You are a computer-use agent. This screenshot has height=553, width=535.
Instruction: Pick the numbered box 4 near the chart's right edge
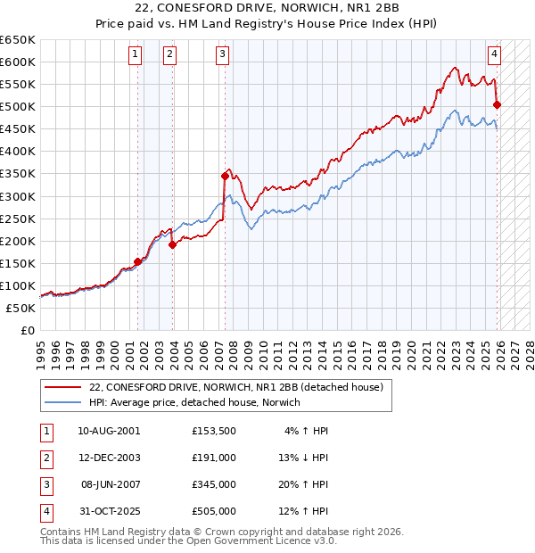click(x=494, y=53)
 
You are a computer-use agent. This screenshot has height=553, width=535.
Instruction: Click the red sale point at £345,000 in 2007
click(x=225, y=176)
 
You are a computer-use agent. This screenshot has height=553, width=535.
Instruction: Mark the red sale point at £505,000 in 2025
click(x=497, y=104)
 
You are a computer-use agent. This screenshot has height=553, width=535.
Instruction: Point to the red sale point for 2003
click(x=172, y=245)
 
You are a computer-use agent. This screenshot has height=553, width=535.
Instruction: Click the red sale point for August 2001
click(x=138, y=261)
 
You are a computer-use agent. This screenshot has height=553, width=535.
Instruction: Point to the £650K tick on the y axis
click(x=19, y=40)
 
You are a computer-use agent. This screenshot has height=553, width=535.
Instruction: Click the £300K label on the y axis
click(x=19, y=196)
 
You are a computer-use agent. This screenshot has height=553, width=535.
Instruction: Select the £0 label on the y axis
click(x=27, y=331)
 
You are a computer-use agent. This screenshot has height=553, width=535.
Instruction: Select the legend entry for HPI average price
click(x=194, y=402)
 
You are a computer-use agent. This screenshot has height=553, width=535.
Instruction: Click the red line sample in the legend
click(x=62, y=388)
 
